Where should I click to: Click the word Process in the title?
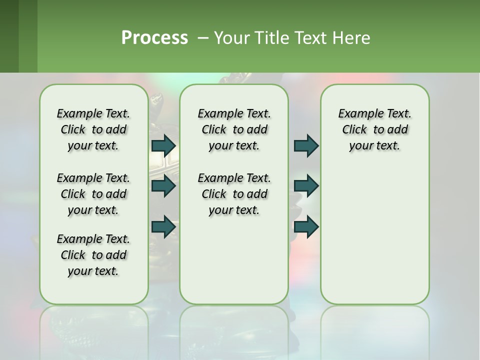click(x=154, y=37)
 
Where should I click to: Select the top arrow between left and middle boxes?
click(x=163, y=145)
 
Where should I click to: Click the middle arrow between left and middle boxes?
click(x=163, y=186)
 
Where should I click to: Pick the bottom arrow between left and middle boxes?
click(x=163, y=226)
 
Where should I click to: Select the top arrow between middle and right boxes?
click(x=306, y=145)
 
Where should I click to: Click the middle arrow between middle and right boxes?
click(x=306, y=186)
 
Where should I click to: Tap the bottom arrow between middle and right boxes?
click(x=306, y=226)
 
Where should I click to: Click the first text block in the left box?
click(x=93, y=129)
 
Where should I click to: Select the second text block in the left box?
click(x=93, y=194)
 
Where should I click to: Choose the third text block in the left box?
click(x=93, y=255)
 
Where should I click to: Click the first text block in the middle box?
click(x=234, y=129)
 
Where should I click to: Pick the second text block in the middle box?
click(x=234, y=194)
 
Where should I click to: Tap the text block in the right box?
click(x=375, y=129)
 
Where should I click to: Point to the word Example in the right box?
click(x=357, y=113)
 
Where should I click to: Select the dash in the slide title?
click(x=203, y=37)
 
